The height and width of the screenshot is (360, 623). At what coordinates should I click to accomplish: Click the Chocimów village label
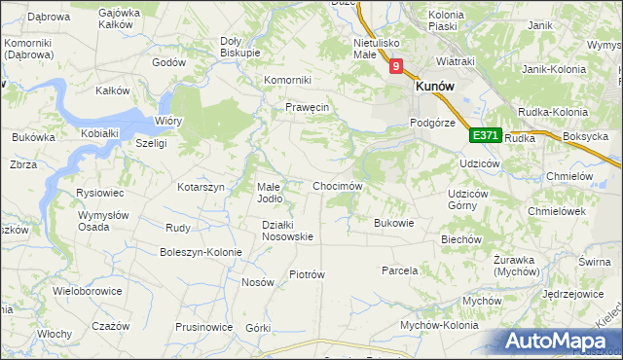(337, 185)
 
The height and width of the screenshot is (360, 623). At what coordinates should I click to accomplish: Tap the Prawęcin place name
(309, 107)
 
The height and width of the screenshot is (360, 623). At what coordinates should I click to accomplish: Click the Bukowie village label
(394, 222)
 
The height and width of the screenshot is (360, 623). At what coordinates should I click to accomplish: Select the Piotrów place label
(307, 274)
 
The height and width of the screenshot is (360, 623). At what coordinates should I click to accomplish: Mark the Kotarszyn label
(201, 186)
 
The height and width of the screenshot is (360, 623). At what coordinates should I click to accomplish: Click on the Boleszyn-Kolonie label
(201, 252)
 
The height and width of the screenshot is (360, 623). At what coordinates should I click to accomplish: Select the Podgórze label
(433, 123)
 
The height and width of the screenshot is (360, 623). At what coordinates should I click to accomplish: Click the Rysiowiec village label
(98, 193)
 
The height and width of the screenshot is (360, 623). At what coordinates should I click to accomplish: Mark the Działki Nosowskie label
(287, 230)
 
